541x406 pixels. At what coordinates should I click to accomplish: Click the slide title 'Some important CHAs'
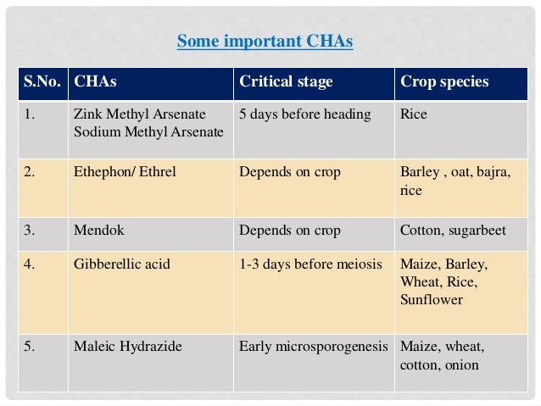[264, 41]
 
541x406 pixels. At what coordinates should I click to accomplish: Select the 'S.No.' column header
[42, 82]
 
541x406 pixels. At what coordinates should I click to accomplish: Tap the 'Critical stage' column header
[286, 82]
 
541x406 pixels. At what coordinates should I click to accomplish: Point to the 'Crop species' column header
[444, 82]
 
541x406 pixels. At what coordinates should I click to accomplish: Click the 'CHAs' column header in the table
[95, 82]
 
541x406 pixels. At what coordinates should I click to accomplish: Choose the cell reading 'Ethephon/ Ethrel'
[125, 172]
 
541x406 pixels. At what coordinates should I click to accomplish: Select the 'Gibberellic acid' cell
[122, 264]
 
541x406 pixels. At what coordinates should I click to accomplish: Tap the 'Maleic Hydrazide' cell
[128, 346]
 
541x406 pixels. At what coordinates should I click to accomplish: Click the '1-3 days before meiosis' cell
[311, 264]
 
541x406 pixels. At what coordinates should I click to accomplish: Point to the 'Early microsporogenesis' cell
[314, 346]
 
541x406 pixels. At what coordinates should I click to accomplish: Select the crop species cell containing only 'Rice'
[414, 114]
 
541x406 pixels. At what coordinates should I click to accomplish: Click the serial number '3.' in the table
[29, 230]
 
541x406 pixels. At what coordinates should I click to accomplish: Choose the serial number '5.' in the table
[29, 346]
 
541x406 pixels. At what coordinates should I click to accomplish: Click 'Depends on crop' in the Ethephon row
[290, 172]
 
